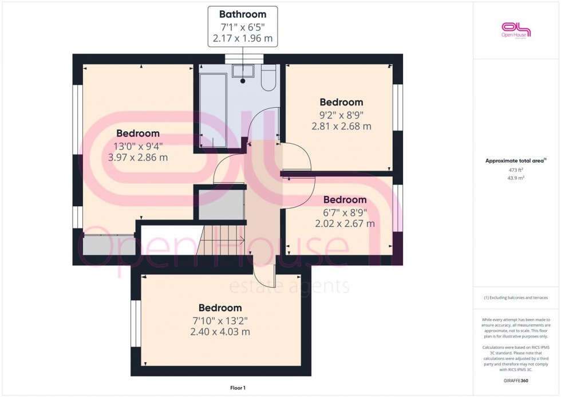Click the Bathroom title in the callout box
[x=243, y=14]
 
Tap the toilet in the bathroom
[x=268, y=78]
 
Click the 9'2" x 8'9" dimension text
[x=342, y=114]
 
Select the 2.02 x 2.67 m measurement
[x=345, y=223]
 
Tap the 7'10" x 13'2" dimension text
[x=220, y=320]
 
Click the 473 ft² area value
[x=516, y=170]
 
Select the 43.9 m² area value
[x=516, y=178]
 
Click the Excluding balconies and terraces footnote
[x=516, y=297]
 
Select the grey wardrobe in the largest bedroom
[x=109, y=245]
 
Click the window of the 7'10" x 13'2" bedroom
[x=136, y=324]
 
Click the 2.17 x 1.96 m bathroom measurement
[x=243, y=39]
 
